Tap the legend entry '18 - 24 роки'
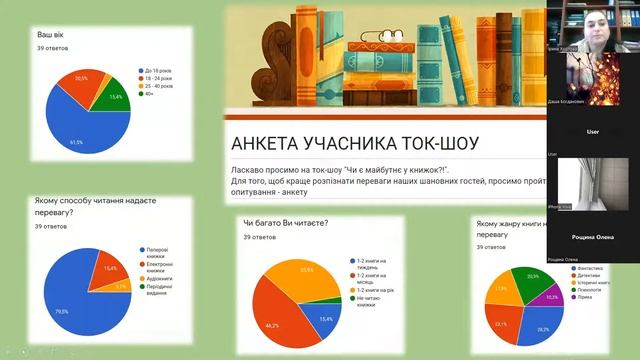pyautogui.click(x=159, y=79)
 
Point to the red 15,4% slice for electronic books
pyautogui.click(x=107, y=268)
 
